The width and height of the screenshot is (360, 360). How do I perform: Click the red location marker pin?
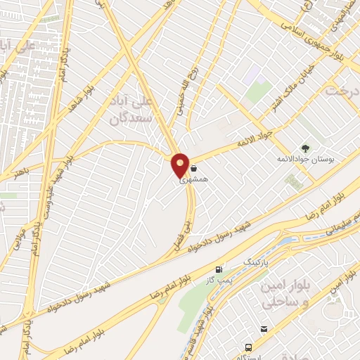click(x=180, y=165)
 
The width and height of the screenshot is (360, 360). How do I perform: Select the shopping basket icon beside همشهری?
click(x=193, y=169)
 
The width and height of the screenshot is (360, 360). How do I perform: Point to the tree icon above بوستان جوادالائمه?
click(x=306, y=148)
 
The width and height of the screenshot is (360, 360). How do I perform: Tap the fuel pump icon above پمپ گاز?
click(x=219, y=269)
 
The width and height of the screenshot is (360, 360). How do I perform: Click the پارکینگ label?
click(x=255, y=262)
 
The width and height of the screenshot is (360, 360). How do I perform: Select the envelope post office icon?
click(x=264, y=329)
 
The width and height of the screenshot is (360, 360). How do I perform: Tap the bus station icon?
click(x=247, y=347)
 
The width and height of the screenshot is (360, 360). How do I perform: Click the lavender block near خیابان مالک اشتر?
click(x=251, y=74)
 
